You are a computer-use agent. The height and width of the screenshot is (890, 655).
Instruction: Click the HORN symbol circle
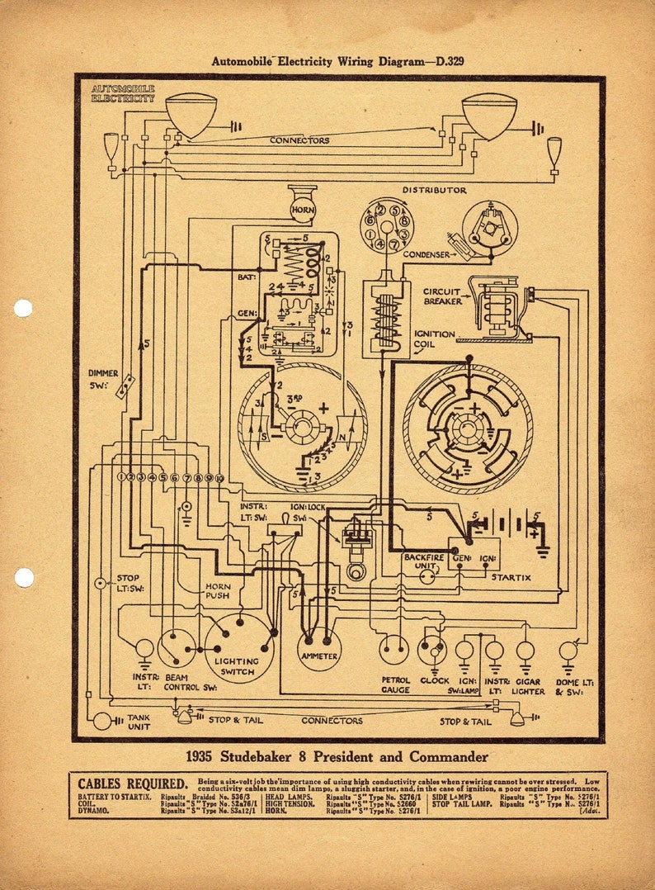pos(302,211)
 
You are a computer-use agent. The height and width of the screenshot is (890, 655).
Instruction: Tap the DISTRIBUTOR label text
pos(434,191)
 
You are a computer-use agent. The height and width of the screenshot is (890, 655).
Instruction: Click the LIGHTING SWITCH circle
pos(239,648)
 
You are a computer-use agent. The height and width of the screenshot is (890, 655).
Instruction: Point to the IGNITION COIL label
pos(433,339)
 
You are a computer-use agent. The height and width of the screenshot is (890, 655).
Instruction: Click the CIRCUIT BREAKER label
pos(442,296)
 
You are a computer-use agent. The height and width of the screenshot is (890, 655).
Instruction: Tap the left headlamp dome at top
pos(191,113)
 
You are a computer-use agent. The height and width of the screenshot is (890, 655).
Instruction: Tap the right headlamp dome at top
pos(488,115)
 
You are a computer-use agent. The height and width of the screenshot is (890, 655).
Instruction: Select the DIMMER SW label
pos(103,379)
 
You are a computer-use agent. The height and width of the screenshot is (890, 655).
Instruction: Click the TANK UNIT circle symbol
pos(102,721)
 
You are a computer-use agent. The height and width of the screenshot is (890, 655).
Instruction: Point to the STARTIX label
pos(511,577)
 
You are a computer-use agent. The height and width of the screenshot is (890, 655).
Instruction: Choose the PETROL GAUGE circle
pos(393,650)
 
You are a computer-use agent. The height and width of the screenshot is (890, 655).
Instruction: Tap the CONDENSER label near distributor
pos(426,255)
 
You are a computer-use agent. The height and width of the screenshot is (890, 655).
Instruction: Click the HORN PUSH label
pos(217,591)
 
